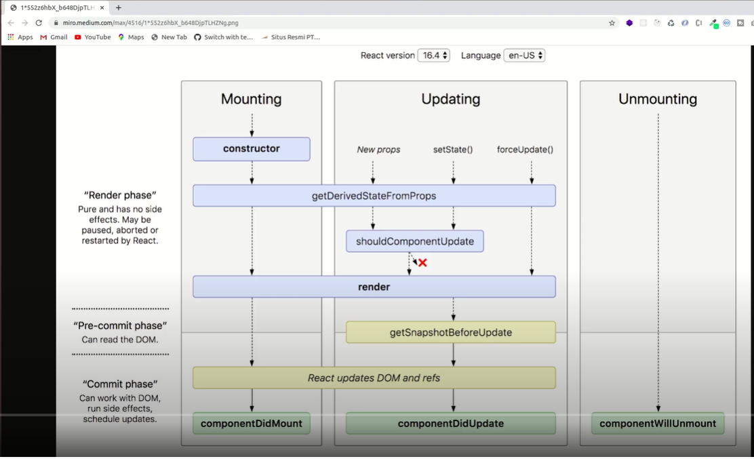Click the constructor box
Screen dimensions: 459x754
[252, 149]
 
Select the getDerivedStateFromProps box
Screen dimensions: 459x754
[374, 196]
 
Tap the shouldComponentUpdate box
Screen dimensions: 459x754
[414, 241]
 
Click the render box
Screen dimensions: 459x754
[374, 287]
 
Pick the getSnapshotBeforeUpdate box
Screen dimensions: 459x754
[450, 332]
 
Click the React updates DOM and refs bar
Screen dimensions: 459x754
[374, 378]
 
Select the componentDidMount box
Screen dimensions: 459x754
[252, 423]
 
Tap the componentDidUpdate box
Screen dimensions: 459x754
[450, 423]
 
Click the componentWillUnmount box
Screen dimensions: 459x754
[658, 423]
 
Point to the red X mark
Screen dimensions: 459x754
[422, 262]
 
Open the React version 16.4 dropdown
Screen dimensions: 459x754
[433, 56]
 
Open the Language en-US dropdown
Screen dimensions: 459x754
[524, 56]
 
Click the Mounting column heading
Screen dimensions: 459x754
[251, 99]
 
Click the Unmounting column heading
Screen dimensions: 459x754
[658, 99]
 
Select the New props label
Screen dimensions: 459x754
[378, 149]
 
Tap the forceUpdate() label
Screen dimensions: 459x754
[525, 149]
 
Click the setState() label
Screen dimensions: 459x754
[453, 149]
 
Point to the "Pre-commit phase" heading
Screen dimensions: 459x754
[120, 325]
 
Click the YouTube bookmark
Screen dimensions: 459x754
[92, 37]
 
